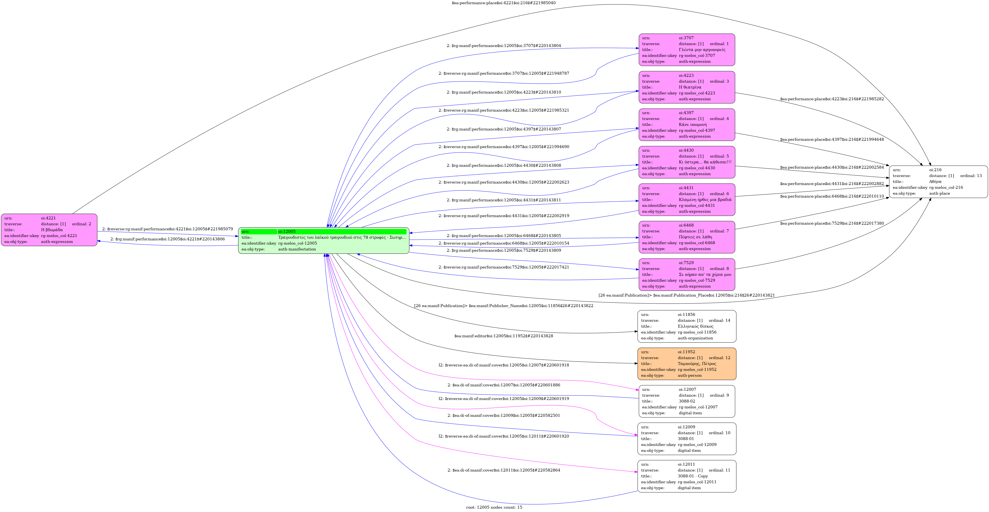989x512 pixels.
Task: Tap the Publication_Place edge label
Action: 686,295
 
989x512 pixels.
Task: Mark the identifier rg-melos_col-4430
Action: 696,168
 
